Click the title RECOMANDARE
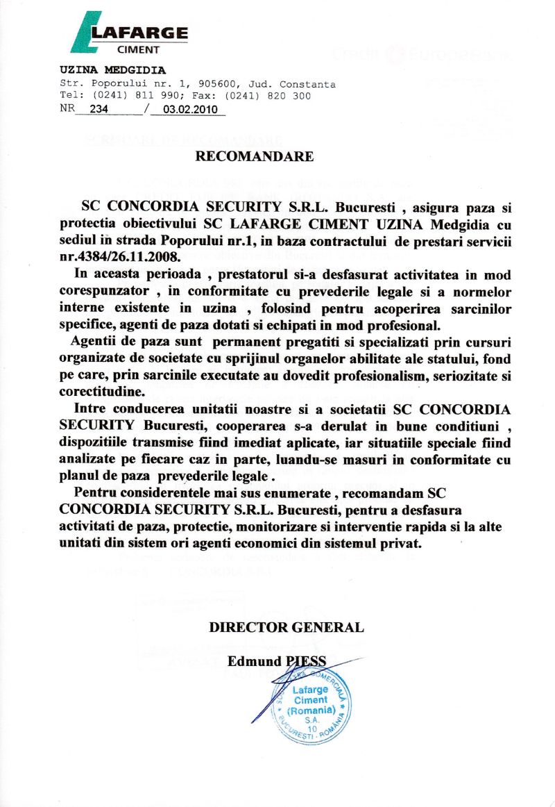pyautogui.click(x=255, y=156)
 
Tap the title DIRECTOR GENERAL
pyautogui.click(x=287, y=627)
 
